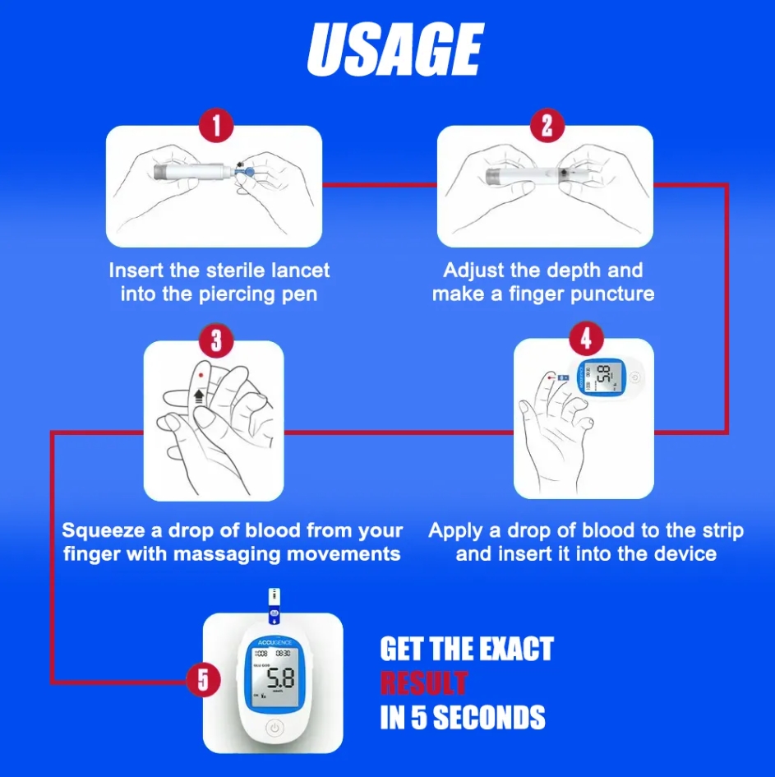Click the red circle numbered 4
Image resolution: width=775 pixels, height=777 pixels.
[584, 338]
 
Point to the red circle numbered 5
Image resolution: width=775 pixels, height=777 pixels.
[203, 681]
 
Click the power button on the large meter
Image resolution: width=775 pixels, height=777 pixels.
[274, 728]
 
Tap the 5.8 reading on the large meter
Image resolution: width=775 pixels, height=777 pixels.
[279, 679]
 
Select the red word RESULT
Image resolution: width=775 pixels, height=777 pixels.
[423, 682]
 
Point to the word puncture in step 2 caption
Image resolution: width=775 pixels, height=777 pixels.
[610, 294]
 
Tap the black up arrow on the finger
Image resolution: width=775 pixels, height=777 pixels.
[198, 395]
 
